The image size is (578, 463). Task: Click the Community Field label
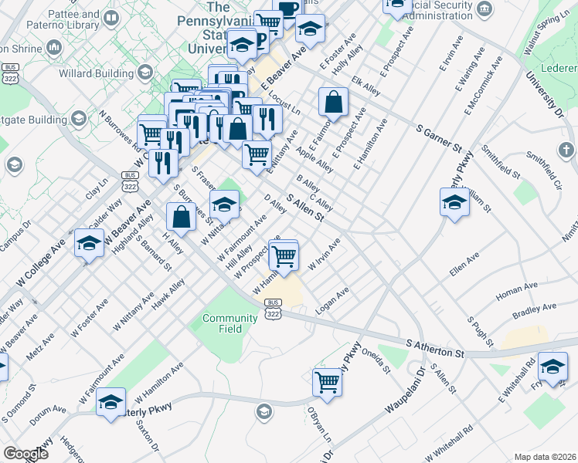coord(229,323)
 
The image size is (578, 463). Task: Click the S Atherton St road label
coord(435,348)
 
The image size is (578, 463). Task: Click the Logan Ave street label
coord(332,302)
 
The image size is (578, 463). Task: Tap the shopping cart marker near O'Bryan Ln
coord(328,381)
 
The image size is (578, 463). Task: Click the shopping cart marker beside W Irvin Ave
coord(284,255)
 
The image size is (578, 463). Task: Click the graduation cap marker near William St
coord(454,203)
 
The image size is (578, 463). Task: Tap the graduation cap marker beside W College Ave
coord(89,243)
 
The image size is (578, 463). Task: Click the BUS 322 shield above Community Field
coord(272,307)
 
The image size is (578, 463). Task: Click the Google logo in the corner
coord(25,453)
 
